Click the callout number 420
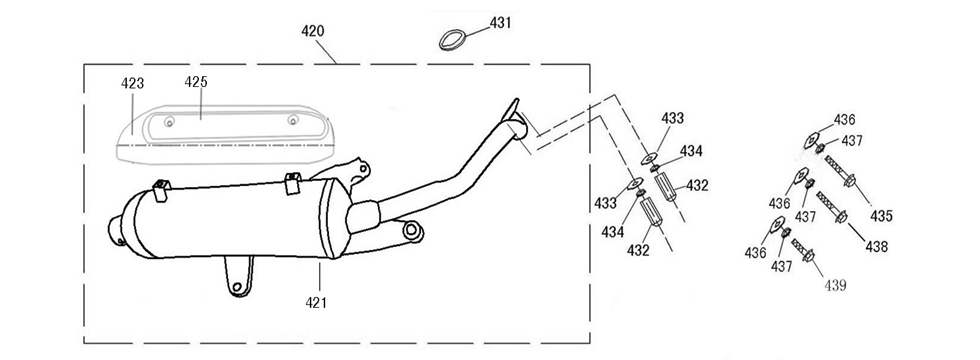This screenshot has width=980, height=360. coord(312,31)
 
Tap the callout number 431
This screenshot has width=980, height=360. coord(500,23)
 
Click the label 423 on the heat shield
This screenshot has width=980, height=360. coord(132,84)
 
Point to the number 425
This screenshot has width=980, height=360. coord(196,82)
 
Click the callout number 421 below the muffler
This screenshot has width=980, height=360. coord(316,302)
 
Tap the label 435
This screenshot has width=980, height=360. coord(881,217)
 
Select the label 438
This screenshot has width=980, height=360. coord(876,247)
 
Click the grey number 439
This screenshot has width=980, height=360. coord(835,286)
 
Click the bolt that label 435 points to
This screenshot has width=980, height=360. coord(841,171)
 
